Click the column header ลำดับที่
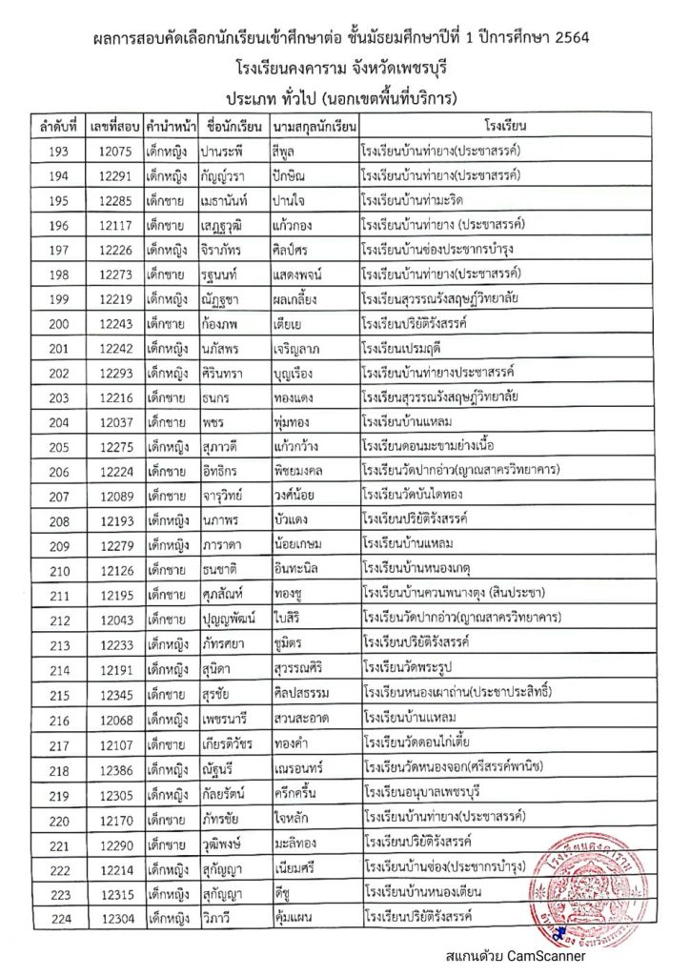coord(55,125)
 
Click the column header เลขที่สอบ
coord(113,125)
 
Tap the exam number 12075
coord(113,151)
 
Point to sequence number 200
coord(56,324)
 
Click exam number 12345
coord(113,690)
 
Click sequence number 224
coord(56,917)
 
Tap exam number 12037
coord(113,422)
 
